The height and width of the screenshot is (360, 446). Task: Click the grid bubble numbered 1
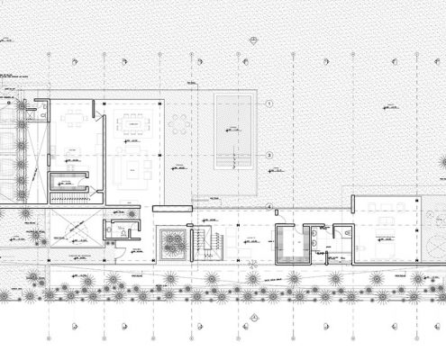[269, 104]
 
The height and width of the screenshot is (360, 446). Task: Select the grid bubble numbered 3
[269, 156]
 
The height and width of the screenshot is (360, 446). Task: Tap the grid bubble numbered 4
[269, 207]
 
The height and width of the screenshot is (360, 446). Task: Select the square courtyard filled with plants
[173, 242]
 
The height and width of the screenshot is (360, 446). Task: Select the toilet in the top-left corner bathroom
[31, 114]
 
